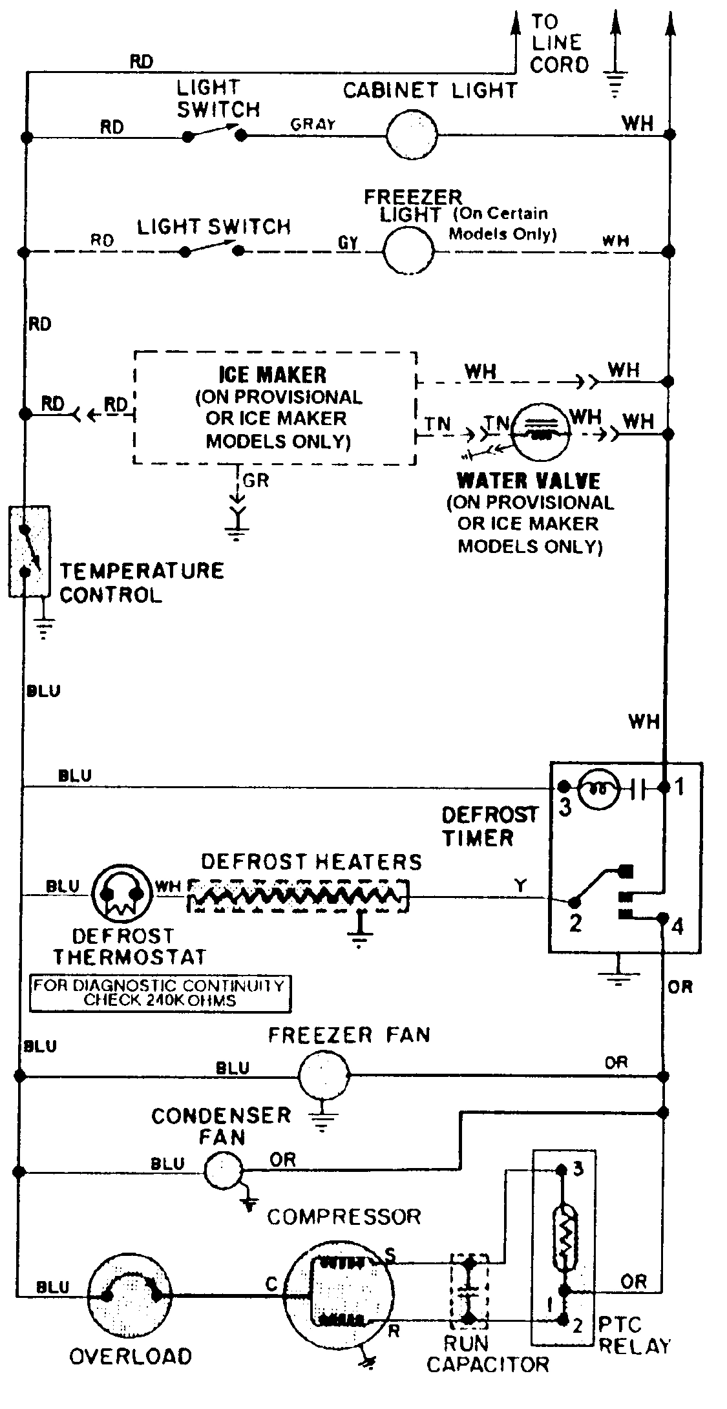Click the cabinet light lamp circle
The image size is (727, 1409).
(x=412, y=135)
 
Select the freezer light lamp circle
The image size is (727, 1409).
(x=409, y=251)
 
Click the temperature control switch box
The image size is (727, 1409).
(x=29, y=552)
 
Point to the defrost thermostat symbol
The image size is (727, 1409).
(x=118, y=895)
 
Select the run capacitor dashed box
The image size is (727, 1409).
(x=469, y=1289)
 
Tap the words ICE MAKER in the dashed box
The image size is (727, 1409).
(x=273, y=375)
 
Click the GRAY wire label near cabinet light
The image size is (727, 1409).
(x=313, y=124)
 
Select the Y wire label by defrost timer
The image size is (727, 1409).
(x=520, y=885)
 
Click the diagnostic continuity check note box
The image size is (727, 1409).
(x=160, y=994)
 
